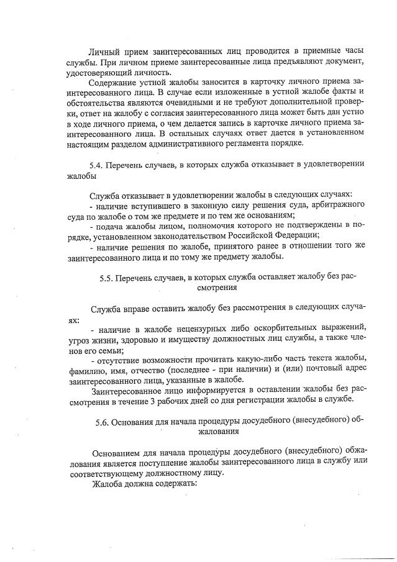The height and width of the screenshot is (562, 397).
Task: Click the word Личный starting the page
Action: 104,50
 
